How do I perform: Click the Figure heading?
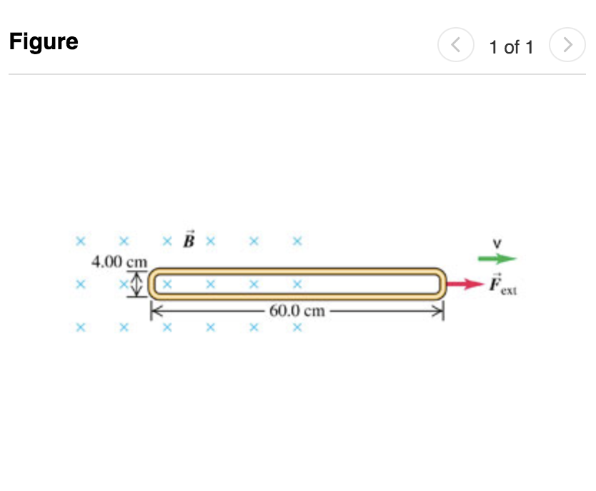coord(44,42)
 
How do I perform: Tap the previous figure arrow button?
coord(456,46)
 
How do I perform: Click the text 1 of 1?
coord(511,47)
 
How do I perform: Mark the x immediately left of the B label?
coord(167,241)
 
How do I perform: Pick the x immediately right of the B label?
coord(210,241)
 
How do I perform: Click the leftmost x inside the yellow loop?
coord(167,284)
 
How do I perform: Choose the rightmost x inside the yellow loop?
coord(297,284)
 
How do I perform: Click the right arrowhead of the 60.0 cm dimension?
coord(438,311)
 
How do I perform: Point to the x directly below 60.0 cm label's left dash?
coord(253,328)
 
